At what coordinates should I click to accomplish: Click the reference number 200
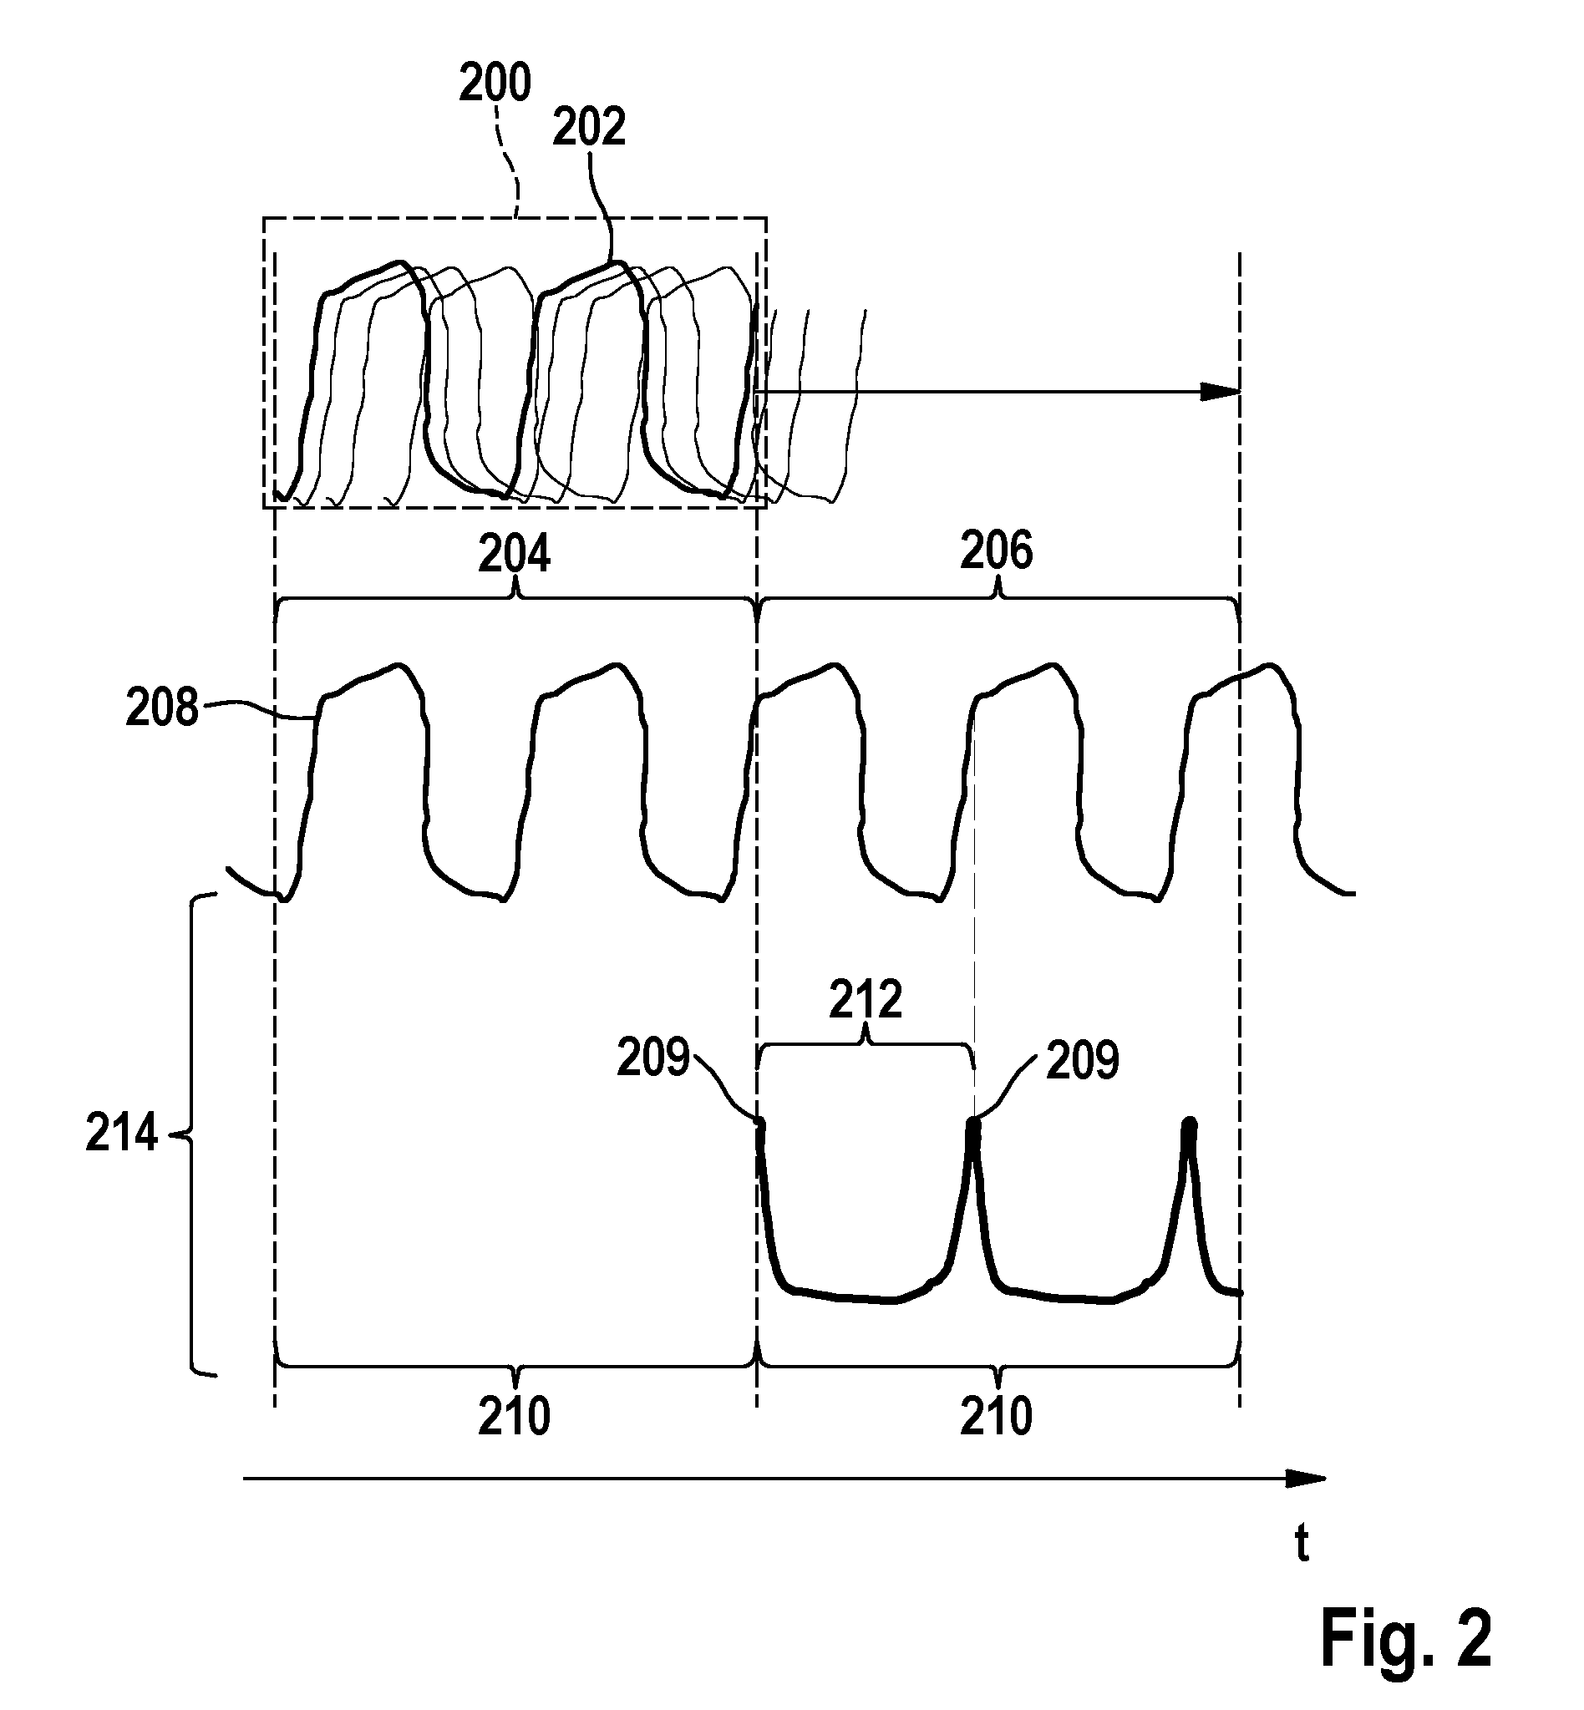tap(495, 84)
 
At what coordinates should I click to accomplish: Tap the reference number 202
tap(589, 127)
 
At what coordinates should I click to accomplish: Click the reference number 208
tap(162, 708)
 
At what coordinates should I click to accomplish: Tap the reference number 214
tap(122, 1133)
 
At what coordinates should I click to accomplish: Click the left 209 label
tap(653, 1057)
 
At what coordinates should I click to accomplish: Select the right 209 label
tap(1083, 1060)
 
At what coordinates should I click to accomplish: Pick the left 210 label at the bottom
tap(515, 1416)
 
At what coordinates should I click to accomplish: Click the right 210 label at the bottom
tap(996, 1416)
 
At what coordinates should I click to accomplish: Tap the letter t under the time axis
tap(1302, 1544)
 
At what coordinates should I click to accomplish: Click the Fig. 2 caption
tap(1406, 1637)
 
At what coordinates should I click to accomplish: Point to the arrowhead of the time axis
tap(1307, 1479)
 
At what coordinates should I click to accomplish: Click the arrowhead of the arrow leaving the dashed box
tap(1221, 392)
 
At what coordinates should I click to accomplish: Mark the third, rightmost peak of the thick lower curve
tap(1188, 1122)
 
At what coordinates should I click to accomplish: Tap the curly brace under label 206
tap(998, 601)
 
